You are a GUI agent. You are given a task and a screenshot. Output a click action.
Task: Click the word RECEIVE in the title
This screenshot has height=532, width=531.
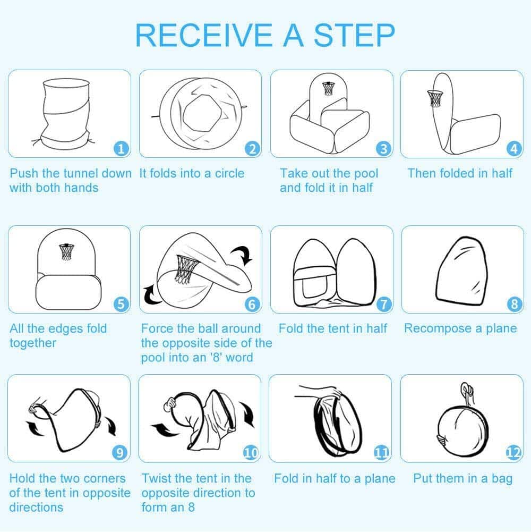coord(203,35)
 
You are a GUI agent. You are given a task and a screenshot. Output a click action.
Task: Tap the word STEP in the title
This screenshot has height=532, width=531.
coord(354,35)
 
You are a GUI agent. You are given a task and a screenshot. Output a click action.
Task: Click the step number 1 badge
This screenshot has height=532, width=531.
coord(121,149)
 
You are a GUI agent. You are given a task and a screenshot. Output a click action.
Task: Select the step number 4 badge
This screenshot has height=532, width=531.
coord(514,149)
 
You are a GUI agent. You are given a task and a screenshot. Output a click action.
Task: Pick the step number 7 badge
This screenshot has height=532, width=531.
coord(383,304)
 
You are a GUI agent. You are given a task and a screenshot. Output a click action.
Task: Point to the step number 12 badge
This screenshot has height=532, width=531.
coord(513,452)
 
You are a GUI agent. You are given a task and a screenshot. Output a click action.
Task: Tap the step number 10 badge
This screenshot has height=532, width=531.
coord(251,452)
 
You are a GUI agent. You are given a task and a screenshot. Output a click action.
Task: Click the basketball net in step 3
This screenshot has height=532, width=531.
coord(328,88)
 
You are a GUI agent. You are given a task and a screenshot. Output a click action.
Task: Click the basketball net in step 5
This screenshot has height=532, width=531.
coord(66,251)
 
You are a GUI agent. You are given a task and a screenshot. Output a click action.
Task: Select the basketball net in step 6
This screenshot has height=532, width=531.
coord(185,270)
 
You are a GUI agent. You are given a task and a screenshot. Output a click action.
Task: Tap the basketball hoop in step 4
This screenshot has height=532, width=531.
coord(435,98)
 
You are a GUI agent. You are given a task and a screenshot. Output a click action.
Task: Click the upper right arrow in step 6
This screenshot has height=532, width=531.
coord(242,255)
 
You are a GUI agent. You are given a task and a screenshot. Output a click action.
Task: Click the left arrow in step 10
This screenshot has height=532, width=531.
coord(165,429)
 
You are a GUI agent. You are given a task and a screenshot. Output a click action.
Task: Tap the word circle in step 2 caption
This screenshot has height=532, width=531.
coord(229,173)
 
